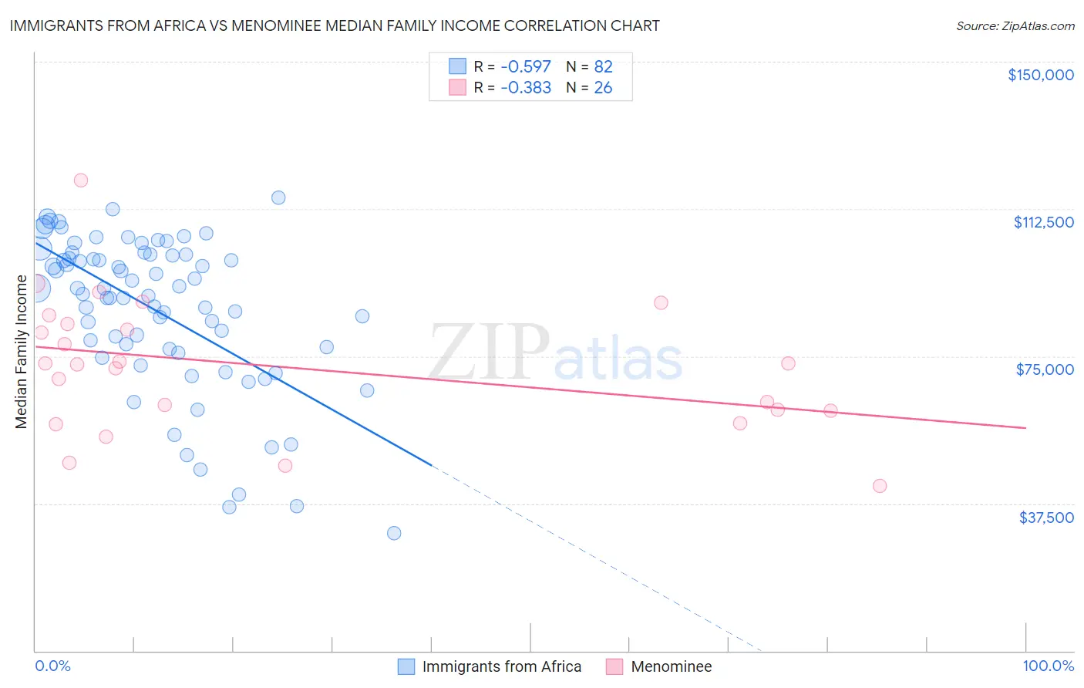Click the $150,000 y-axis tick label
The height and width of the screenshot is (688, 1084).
1041,75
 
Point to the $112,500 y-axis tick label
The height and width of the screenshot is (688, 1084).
1043,222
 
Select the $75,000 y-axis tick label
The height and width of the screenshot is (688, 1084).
1045,369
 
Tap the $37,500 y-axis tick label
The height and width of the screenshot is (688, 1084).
1046,518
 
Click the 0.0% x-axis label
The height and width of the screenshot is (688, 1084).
52,666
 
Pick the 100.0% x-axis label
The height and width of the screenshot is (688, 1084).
1048,666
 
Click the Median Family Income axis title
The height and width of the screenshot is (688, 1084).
22,352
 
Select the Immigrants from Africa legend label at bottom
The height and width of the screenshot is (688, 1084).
502,666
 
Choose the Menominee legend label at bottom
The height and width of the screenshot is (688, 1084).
671,666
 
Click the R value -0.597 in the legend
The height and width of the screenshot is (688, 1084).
526,66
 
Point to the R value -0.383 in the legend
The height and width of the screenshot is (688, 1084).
526,88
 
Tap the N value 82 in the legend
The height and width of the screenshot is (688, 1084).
603,66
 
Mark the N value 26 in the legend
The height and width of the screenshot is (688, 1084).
603,88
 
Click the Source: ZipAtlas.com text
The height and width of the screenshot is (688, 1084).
1015,25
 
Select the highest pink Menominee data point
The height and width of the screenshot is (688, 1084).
81,180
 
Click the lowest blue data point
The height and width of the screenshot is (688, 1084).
394,533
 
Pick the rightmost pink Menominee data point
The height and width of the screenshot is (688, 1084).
880,486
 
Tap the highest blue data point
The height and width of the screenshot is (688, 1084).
278,197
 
